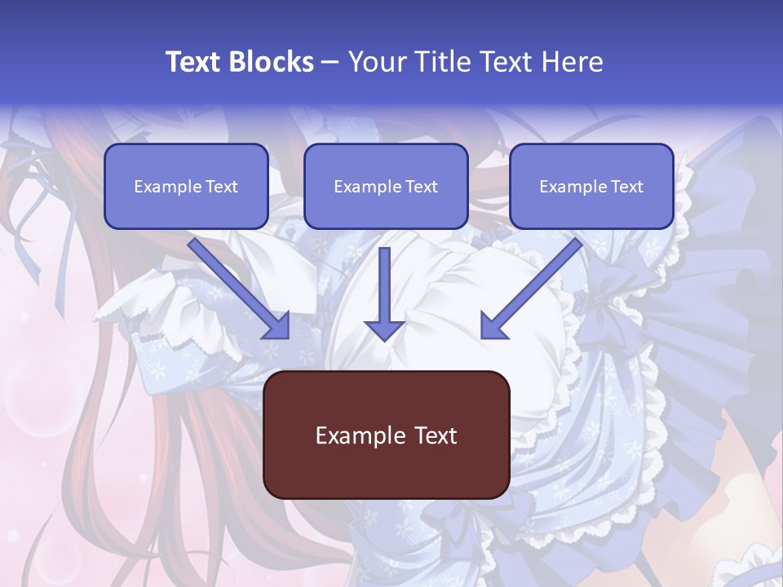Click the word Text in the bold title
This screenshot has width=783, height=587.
(195, 62)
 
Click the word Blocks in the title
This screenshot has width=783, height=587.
(272, 62)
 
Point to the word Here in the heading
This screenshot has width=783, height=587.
(572, 62)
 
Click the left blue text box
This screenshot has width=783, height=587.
(186, 186)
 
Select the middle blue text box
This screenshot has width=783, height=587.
(386, 186)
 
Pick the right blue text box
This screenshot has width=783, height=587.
(591, 186)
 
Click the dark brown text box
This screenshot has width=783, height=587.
(386, 435)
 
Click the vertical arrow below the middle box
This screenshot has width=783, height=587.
(384, 285)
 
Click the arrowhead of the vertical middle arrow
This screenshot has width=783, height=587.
(384, 329)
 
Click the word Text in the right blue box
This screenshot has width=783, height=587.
(626, 187)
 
